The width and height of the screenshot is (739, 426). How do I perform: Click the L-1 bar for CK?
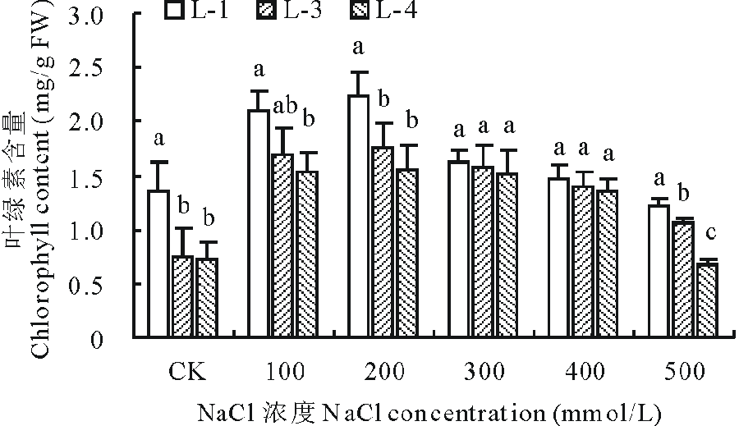(x=158, y=263)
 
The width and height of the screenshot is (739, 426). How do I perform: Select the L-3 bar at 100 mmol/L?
(x=282, y=245)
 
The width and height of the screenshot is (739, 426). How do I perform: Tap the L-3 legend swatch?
(x=265, y=11)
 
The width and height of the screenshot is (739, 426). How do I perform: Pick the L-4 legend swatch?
(x=360, y=11)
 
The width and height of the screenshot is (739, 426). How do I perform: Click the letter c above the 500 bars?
(x=710, y=234)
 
